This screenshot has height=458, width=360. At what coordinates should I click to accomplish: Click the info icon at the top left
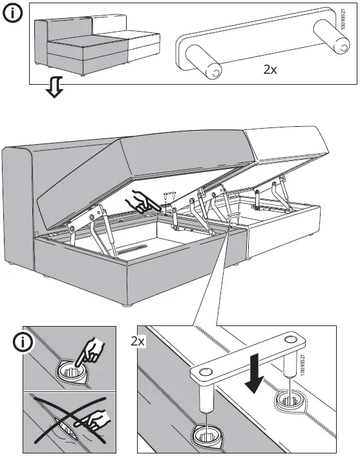(x=13, y=14)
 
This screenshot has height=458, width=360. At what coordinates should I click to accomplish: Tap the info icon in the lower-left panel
(x=22, y=342)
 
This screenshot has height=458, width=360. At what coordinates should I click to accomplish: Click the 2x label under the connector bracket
(x=270, y=69)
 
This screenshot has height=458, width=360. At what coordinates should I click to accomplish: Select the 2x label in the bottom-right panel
(x=138, y=341)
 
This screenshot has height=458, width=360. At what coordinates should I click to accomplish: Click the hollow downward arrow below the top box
(x=54, y=87)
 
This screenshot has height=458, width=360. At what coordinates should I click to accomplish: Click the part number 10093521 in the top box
(x=343, y=19)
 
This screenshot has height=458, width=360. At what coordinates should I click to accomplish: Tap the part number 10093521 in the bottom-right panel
(x=302, y=365)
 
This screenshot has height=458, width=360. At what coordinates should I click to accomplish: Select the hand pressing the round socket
(x=90, y=351)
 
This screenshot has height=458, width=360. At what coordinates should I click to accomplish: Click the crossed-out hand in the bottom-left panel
(x=92, y=420)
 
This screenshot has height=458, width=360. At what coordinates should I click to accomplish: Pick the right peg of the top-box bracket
(x=332, y=37)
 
